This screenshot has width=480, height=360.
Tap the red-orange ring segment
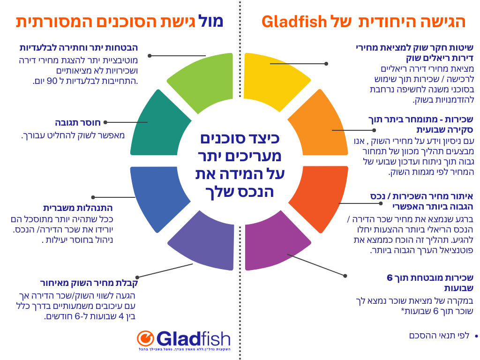[x=319, y=197]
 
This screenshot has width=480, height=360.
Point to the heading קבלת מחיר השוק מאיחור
[x=89, y=283]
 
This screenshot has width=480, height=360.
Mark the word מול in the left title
[x=213, y=21]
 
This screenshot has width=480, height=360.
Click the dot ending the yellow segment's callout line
[x=326, y=63]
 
